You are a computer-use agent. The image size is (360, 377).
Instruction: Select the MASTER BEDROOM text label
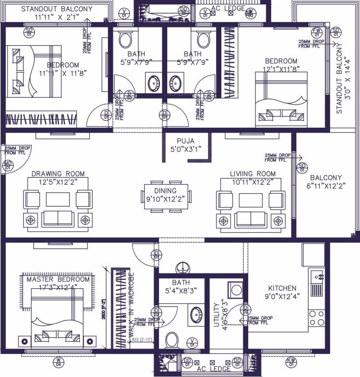pos(55,279)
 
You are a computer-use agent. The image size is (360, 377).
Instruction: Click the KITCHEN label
pos(282,288)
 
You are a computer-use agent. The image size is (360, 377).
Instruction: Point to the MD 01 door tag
pos(8,165)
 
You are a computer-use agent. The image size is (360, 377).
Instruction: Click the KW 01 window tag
pos(291,363)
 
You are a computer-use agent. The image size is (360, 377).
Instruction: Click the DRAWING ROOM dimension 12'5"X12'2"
pos(58,182)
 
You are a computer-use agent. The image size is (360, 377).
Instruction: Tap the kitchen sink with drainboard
pos(316,283)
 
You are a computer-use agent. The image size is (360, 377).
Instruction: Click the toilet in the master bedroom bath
pos(173,339)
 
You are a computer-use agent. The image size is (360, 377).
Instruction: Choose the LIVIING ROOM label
pos(253,174)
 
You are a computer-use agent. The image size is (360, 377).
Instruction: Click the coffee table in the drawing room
pos(58,199)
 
